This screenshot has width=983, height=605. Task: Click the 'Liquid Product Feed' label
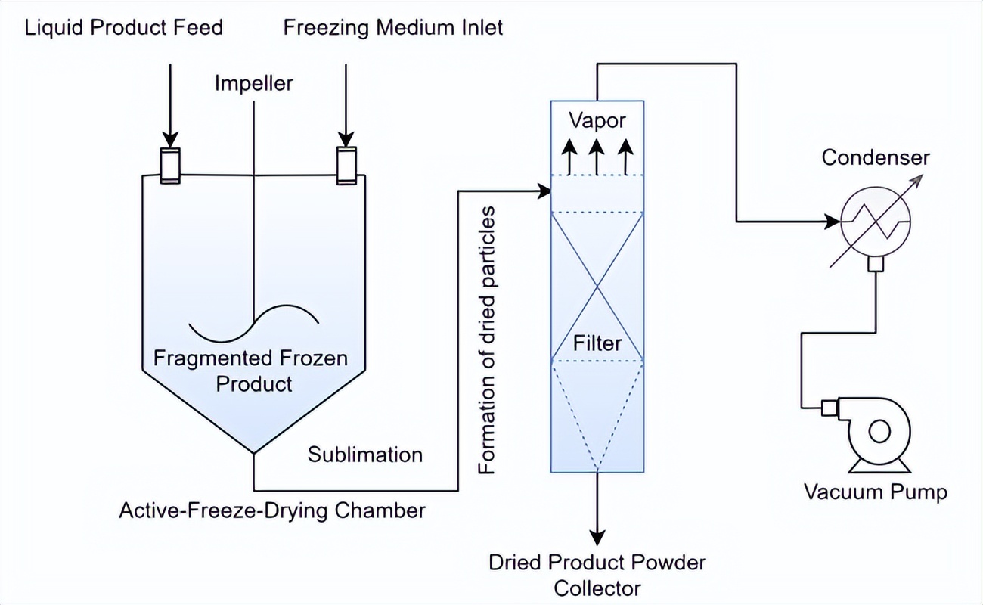click(124, 29)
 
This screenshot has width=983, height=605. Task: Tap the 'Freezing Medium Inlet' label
click(392, 29)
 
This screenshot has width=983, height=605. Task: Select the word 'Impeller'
click(253, 82)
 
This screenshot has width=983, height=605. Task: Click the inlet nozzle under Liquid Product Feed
click(170, 165)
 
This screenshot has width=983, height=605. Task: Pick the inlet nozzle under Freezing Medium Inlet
click(346, 165)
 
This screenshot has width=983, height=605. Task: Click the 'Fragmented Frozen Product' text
click(251, 370)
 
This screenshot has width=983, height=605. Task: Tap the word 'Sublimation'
click(364, 455)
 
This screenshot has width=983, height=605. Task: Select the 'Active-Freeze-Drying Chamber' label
click(272, 510)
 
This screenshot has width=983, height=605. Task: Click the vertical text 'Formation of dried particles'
click(489, 340)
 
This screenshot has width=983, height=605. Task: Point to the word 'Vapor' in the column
click(597, 120)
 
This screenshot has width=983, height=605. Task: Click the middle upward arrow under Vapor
click(597, 155)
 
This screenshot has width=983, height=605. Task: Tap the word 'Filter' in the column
click(597, 343)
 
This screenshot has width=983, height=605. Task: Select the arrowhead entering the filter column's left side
click(544, 191)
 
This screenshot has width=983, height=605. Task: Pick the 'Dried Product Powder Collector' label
click(597, 575)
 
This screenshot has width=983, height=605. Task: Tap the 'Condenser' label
click(876, 158)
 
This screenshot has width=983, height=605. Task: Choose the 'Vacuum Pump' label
click(875, 493)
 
